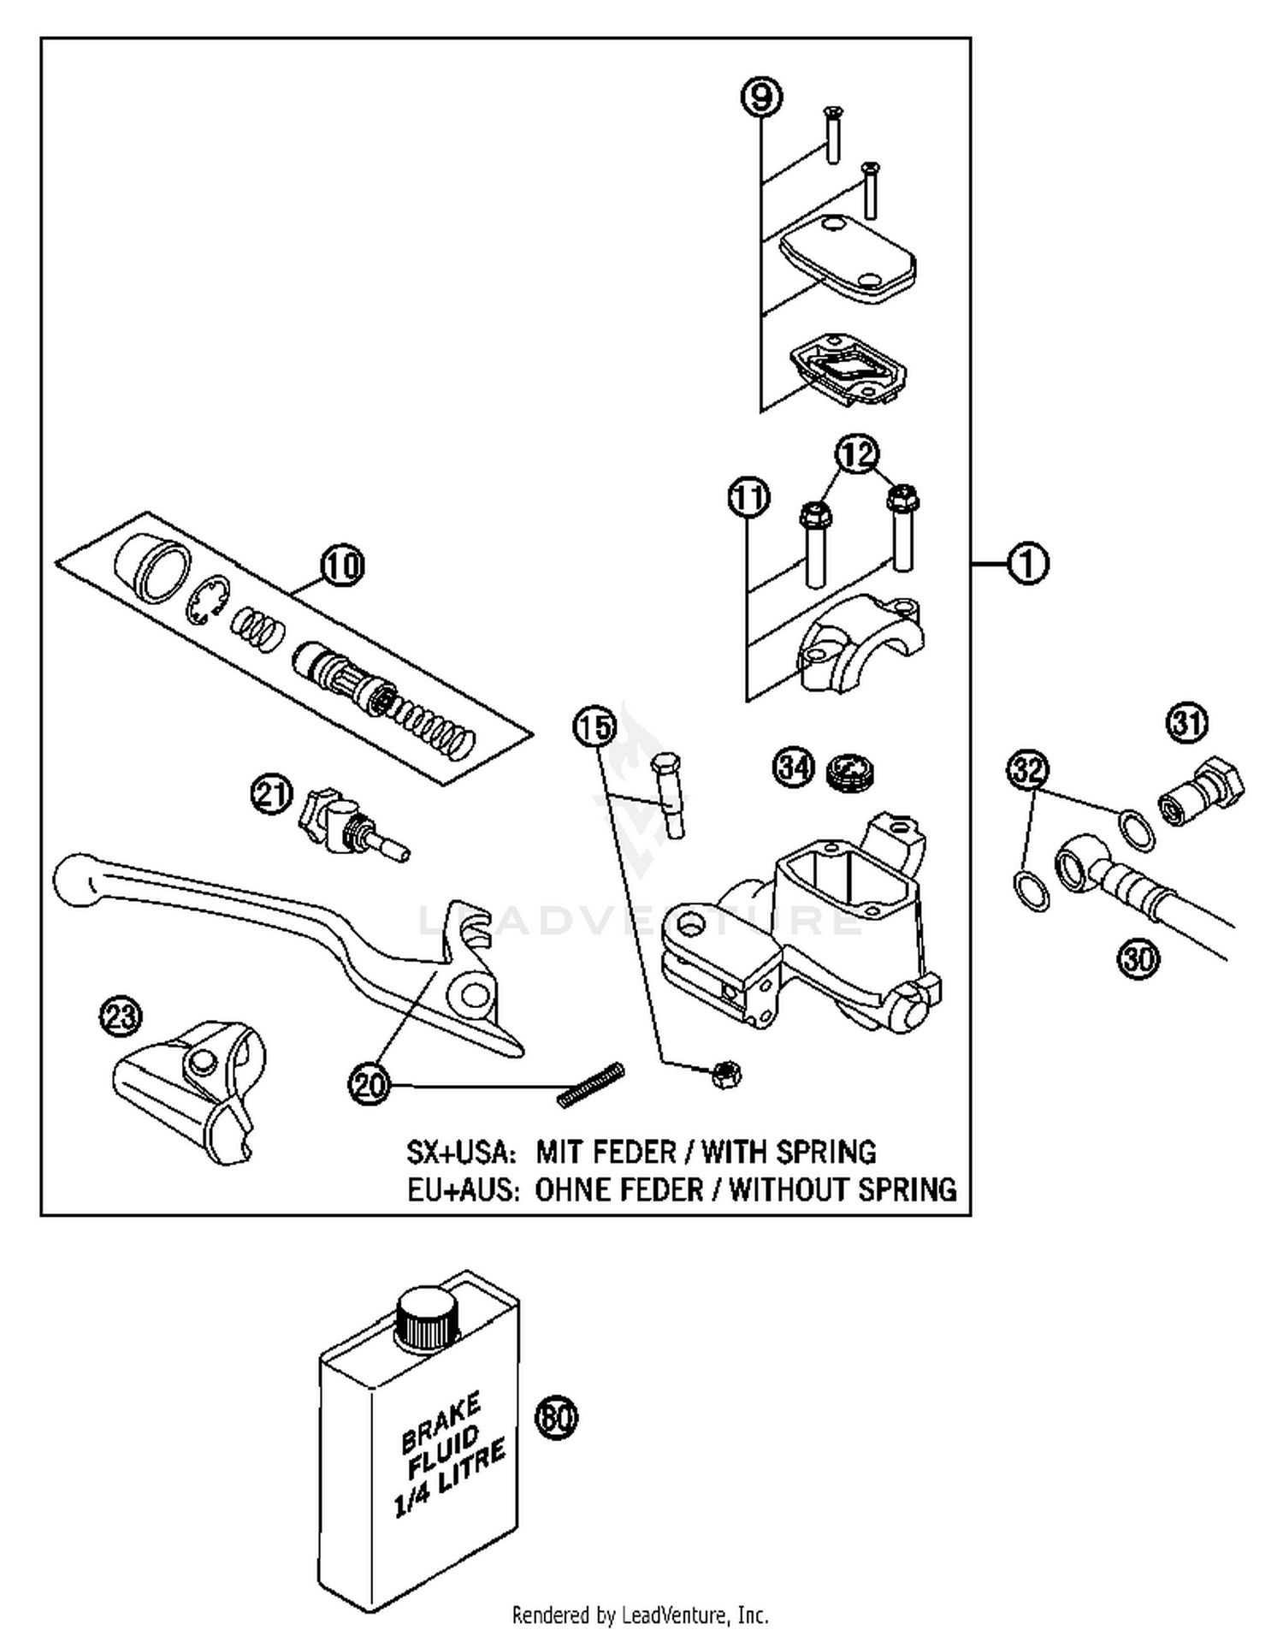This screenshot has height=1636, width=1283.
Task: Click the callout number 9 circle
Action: [761, 96]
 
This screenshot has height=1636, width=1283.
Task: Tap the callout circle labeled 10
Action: [342, 566]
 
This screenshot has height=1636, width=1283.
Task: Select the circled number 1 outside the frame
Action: [1026, 564]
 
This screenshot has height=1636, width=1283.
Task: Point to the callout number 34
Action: [794, 767]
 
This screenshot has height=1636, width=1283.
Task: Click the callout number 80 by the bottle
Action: [556, 1416]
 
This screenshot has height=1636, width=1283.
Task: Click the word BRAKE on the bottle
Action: [440, 1421]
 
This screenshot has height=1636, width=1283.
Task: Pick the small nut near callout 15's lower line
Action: [726, 1073]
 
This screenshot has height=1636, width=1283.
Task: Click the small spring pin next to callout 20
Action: [591, 1084]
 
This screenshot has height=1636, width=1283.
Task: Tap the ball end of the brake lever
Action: [77, 878]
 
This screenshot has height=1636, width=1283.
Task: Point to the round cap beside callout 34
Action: [851, 770]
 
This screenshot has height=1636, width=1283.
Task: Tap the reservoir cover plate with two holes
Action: [847, 257]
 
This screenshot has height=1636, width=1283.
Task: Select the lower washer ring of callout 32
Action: [1031, 890]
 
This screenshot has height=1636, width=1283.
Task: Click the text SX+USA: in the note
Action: [461, 1153]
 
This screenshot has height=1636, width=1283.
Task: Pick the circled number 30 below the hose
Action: [1138, 957]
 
